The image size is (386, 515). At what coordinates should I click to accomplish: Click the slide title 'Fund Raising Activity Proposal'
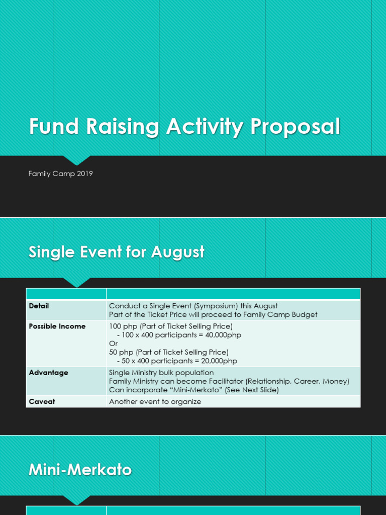184,127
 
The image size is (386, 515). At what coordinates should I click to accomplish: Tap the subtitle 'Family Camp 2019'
60,174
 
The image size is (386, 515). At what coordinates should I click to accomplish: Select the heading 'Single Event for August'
116,252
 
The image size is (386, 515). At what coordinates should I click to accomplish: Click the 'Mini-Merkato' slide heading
80,470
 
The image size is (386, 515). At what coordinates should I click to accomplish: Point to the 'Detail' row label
39,306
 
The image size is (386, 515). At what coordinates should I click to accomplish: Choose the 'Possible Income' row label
57,326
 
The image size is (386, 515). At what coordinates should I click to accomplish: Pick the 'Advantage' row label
48,373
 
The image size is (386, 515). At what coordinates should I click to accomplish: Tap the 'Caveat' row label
42,402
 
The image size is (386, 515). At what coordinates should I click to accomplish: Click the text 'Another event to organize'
155,402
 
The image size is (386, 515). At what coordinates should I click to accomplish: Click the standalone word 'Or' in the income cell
113,344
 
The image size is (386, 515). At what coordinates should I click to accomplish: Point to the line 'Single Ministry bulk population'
161,373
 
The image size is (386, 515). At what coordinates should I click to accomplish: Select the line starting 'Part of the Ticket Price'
213,315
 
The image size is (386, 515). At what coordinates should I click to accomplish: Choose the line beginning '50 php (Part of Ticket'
168,352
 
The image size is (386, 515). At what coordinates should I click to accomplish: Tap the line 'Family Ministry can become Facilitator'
229,381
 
